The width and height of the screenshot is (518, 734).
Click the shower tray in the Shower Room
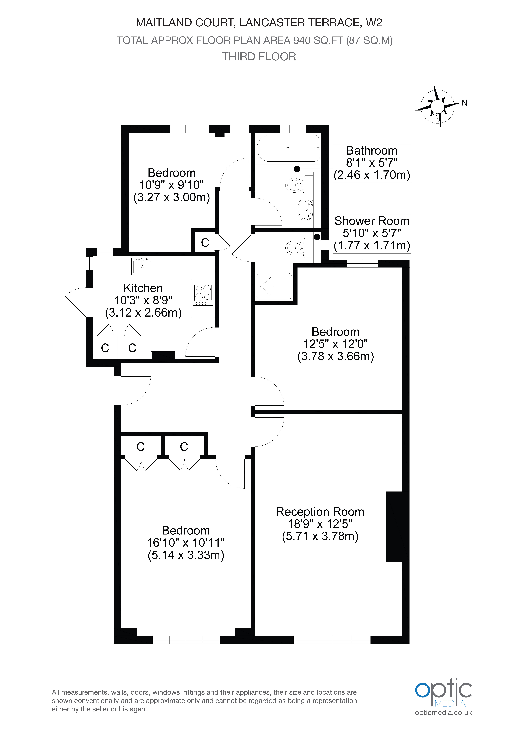274,286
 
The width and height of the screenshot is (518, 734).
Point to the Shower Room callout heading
372,221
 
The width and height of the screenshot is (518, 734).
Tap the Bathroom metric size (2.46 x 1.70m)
372,175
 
